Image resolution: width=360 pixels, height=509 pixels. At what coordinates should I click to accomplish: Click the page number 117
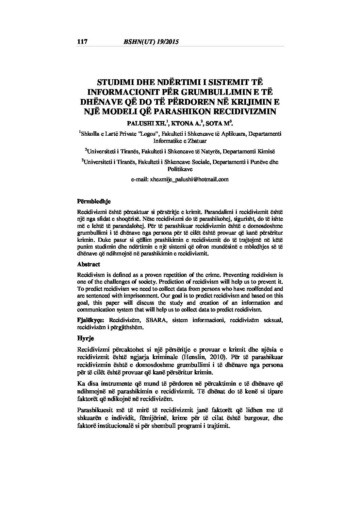82,42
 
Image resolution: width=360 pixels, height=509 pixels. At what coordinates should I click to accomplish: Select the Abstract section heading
88,264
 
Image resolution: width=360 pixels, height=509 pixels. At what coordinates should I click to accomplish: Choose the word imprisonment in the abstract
128,296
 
